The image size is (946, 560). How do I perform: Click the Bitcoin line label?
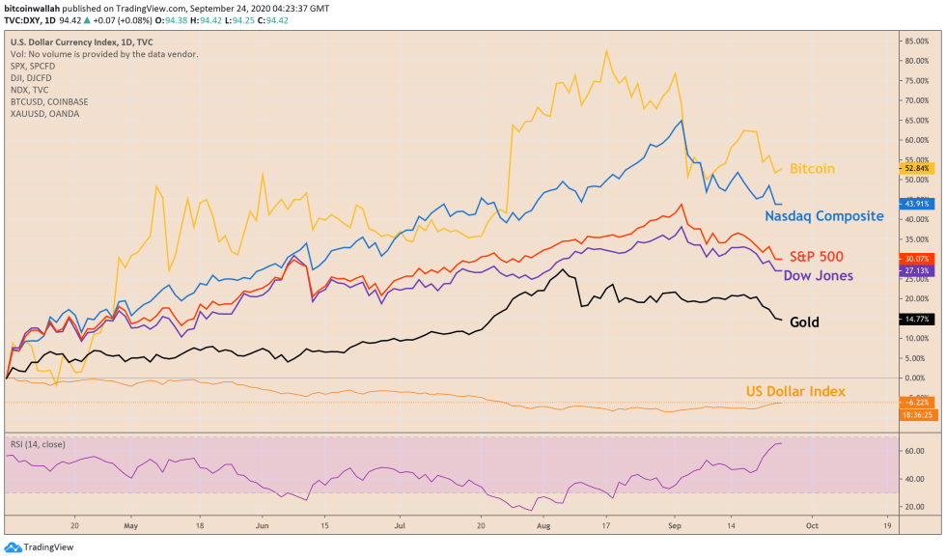(x=812, y=169)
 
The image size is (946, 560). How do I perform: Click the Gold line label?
(x=804, y=322)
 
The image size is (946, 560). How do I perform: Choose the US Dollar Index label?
(x=795, y=391)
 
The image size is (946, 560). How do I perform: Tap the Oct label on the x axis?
(x=812, y=529)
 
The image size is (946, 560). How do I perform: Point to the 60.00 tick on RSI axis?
(x=912, y=450)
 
